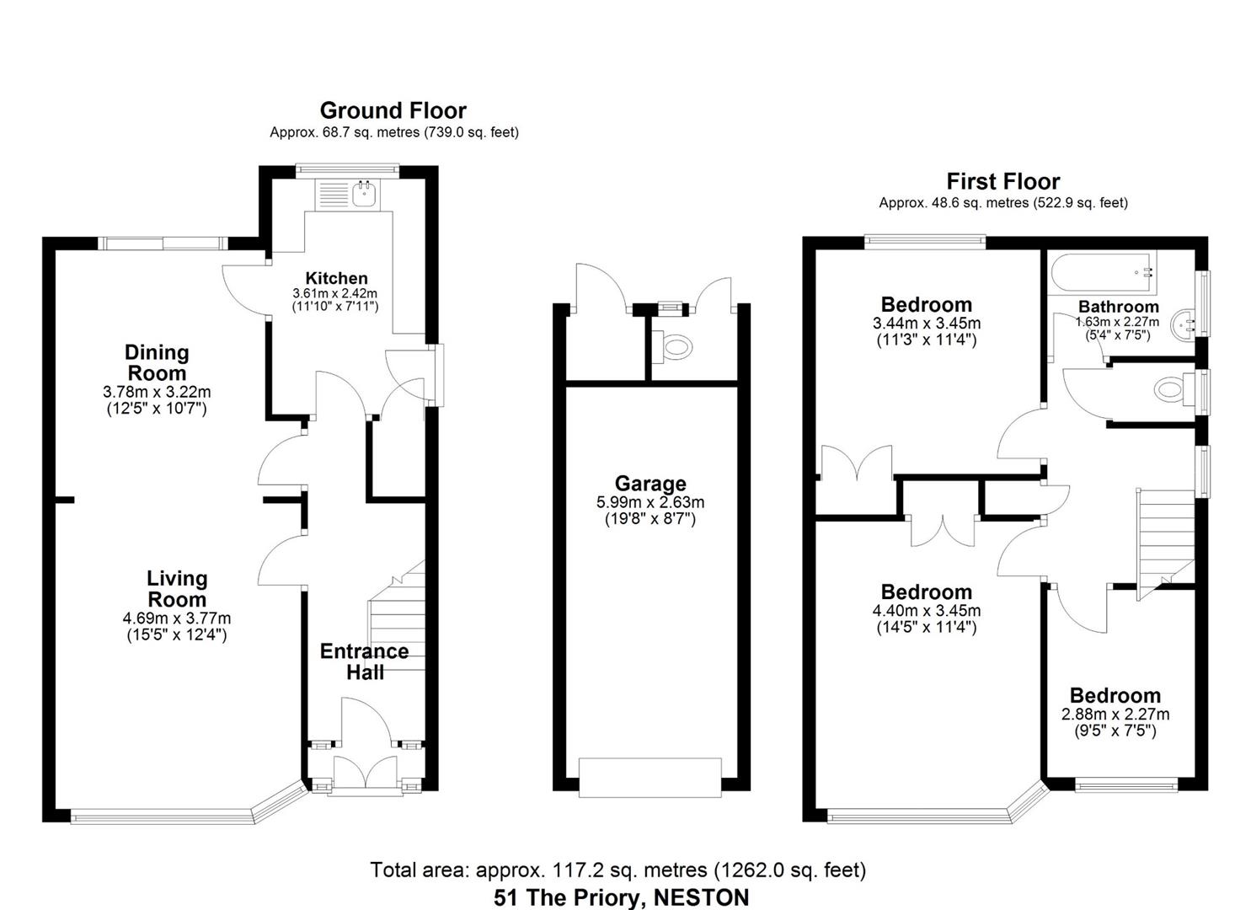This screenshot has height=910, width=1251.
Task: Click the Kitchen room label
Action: (x=336, y=278)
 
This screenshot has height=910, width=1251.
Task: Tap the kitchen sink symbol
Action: (x=365, y=195)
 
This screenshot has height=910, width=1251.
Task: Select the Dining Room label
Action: (x=157, y=363)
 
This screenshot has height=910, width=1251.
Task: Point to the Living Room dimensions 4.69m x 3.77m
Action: (x=176, y=618)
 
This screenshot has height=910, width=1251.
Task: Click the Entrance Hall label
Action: (x=364, y=661)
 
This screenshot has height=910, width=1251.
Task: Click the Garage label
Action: (x=650, y=484)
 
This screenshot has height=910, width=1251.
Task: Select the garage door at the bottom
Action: (x=650, y=776)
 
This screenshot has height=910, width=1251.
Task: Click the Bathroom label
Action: (x=1118, y=307)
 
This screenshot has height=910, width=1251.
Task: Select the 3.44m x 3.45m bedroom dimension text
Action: (x=926, y=324)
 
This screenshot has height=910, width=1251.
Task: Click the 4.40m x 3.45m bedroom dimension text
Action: (x=926, y=611)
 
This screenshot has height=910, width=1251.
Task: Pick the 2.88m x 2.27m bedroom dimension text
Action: (x=1115, y=715)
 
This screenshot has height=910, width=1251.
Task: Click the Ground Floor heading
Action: (x=393, y=110)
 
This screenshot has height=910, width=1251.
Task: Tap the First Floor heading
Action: (x=1002, y=181)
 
